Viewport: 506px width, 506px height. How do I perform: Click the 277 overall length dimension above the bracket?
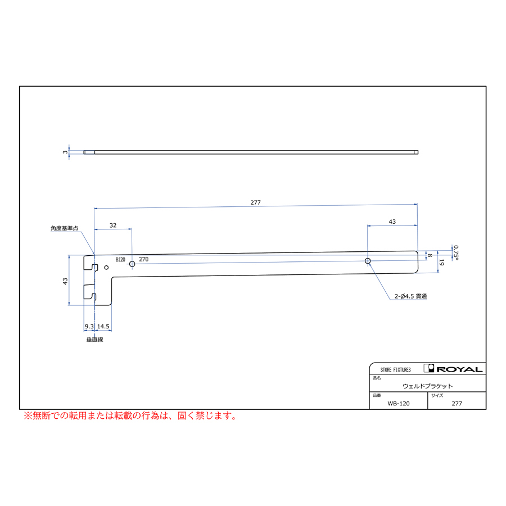(255, 202)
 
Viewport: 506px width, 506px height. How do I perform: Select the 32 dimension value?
(113, 225)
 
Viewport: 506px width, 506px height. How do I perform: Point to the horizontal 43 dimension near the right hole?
(392, 222)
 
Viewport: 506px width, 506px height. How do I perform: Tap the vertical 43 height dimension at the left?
(65, 281)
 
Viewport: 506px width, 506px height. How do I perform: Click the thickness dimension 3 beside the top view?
(65, 152)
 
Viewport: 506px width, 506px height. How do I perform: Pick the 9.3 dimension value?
(89, 326)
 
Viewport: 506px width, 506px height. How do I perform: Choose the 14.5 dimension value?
(103, 326)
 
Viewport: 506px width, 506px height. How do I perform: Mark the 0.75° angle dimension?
(455, 252)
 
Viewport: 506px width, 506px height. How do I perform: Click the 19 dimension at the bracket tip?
(442, 263)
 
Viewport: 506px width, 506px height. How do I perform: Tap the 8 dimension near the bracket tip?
(430, 255)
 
